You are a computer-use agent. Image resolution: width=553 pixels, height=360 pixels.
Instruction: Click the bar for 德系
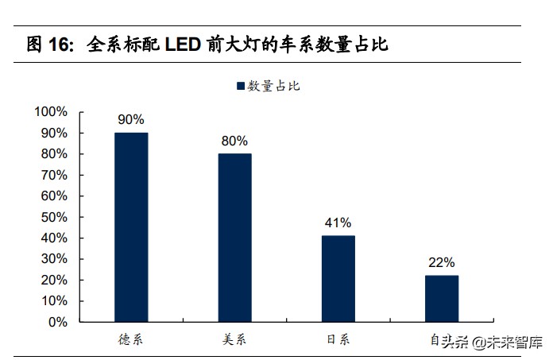(131, 227)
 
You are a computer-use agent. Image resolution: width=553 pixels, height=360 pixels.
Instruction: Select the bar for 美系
(234, 238)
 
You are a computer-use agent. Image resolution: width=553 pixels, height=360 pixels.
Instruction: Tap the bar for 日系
(338, 279)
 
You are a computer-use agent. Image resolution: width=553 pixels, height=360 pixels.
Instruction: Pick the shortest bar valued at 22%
(442, 299)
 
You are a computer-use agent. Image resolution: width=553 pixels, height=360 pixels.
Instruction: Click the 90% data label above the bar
(131, 120)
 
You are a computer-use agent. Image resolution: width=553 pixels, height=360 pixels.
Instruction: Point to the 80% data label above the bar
(234, 141)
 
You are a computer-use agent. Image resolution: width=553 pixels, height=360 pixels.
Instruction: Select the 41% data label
(338, 223)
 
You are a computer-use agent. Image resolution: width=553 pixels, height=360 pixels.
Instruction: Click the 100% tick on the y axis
(51, 112)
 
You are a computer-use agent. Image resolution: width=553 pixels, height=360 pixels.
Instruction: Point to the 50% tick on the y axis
(54, 217)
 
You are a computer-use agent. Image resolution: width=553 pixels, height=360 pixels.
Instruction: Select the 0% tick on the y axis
(57, 323)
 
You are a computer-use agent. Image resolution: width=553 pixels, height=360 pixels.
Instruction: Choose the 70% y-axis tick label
(54, 175)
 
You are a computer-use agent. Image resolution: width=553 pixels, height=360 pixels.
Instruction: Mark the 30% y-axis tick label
(54, 259)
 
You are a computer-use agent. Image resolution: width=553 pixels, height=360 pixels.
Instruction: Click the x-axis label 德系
(131, 339)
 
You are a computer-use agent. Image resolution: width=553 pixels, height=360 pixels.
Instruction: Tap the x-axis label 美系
(234, 339)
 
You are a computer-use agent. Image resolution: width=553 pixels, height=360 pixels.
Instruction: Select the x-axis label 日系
(338, 339)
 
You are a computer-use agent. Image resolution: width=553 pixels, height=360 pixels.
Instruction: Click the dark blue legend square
(239, 86)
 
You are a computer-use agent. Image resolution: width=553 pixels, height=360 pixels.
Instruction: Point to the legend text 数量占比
(273, 86)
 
